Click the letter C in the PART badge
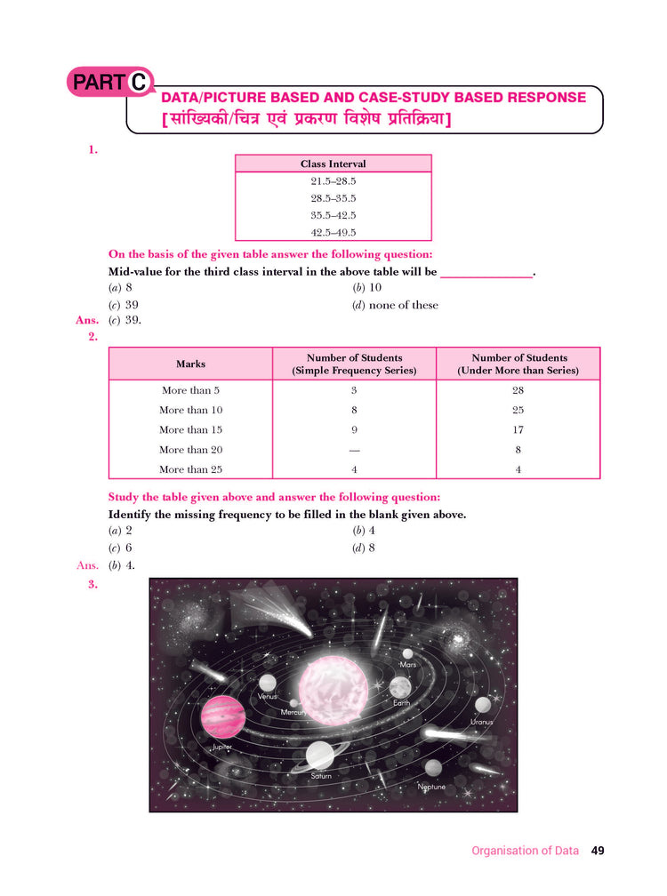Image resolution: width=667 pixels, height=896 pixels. point(139,83)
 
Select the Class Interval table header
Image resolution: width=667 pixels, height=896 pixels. point(333,164)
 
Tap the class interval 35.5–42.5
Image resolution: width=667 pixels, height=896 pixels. point(333,215)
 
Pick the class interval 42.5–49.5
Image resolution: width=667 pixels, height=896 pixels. point(333,232)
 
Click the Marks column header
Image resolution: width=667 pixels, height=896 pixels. point(190,364)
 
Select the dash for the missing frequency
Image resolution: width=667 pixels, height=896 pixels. point(354,450)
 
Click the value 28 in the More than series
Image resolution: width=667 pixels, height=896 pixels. point(518,390)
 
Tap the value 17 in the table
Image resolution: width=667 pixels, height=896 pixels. point(518,430)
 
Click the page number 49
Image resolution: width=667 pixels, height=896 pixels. point(598,851)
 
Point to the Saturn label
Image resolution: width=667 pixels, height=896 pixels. point(321,776)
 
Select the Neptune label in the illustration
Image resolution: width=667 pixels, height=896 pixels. point(431,787)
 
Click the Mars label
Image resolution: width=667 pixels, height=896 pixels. point(408,665)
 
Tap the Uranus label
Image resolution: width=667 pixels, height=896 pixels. point(481,722)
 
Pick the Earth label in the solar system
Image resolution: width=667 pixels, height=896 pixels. point(401,703)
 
